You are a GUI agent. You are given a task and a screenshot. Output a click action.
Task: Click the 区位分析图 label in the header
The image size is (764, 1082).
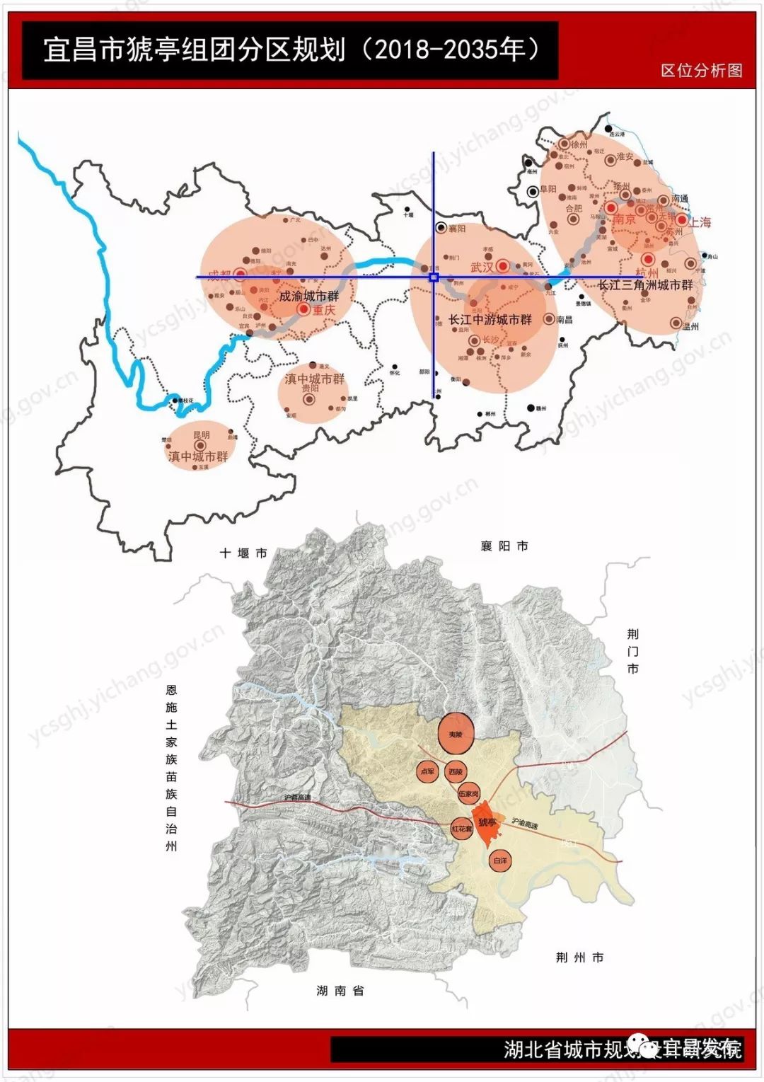coord(701,70)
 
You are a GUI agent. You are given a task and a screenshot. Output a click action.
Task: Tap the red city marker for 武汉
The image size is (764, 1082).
coord(502,266)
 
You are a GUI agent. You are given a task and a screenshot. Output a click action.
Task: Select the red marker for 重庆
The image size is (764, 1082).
coord(303,309)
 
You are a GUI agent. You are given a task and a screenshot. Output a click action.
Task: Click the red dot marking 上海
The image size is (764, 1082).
coord(681,220)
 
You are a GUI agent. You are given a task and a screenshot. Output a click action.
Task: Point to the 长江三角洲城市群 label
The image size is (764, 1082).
coord(645,285)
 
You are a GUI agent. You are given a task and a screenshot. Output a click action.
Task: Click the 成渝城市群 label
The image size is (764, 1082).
coord(308,296)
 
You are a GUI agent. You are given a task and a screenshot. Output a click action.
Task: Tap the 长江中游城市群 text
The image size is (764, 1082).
coord(490,320)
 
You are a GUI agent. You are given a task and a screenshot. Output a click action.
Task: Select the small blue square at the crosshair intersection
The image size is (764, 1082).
coord(434,277)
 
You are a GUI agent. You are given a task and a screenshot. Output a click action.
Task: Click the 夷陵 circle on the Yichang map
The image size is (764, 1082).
coord(455,735)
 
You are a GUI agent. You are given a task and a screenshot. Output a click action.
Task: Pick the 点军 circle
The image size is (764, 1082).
coord(428,771)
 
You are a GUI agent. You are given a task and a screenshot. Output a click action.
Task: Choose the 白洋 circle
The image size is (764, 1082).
coord(500,861)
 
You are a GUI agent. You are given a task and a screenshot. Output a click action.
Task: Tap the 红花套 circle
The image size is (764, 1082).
coord(461,828)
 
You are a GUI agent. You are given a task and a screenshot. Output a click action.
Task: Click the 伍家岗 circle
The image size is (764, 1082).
coord(468,794)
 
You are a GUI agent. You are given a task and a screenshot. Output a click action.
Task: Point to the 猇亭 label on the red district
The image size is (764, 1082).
coord(487,822)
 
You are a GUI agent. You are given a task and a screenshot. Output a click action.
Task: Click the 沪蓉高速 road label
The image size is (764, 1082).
coord(297,798)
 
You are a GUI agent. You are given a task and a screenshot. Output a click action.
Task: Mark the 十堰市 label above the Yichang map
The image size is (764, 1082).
coord(243,553)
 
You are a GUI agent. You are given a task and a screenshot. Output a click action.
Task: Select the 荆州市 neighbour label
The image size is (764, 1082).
coord(579,957)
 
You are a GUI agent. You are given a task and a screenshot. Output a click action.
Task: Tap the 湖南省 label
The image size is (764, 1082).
coord(340,991)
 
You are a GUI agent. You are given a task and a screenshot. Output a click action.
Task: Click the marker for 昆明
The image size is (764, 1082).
coord(200,445)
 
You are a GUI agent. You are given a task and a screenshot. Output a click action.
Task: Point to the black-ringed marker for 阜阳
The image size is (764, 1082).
coord(532,190)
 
